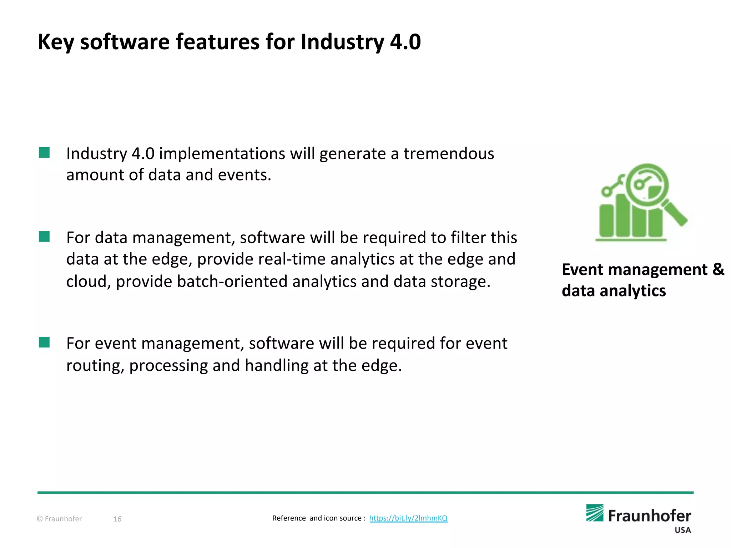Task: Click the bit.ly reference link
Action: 408,518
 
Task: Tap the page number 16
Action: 117,519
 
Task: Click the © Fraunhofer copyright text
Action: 59,519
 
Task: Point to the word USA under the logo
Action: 682,530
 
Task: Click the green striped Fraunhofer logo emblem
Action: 595,513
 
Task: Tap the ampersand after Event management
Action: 718,269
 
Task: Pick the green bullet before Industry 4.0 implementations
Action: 44,153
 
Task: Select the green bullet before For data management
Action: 44,237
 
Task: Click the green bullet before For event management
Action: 44,342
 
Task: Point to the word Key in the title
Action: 56,42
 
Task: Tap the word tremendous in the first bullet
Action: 449,154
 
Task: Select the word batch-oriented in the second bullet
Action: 232,281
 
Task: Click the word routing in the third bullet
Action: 95,366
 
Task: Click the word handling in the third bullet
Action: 277,366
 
